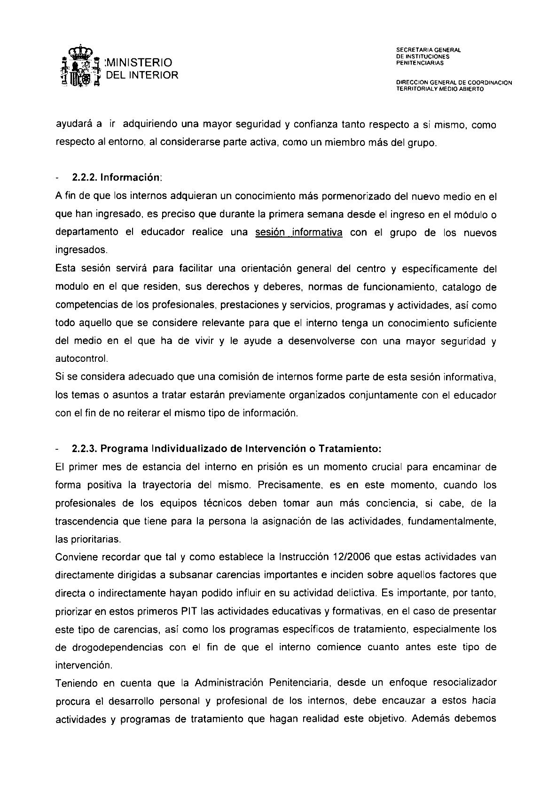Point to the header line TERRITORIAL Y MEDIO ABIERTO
click(x=440, y=88)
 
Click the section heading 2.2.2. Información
click(x=117, y=178)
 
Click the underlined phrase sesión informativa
click(x=298, y=233)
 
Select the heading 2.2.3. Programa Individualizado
click(x=226, y=449)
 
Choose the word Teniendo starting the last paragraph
click(x=78, y=683)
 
